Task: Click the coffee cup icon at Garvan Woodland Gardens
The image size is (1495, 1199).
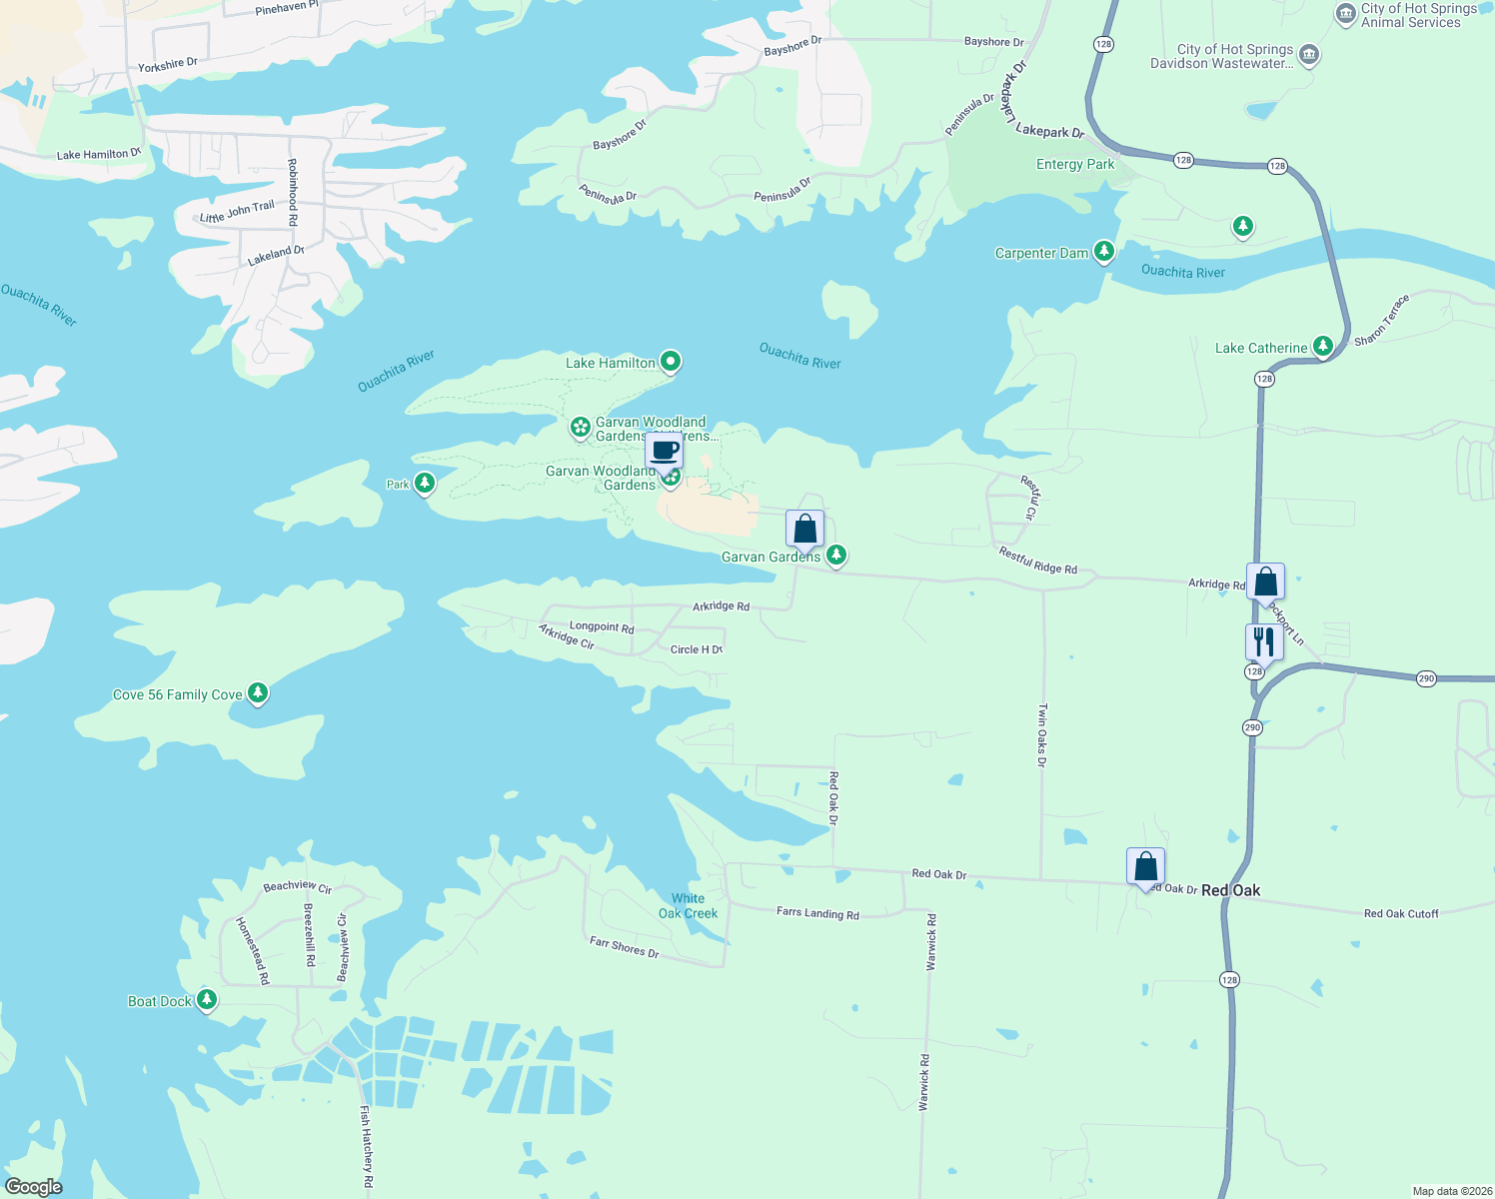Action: (665, 451)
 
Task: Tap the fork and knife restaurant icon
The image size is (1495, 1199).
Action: (1264, 641)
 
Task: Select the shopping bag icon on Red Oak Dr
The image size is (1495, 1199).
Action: (1145, 866)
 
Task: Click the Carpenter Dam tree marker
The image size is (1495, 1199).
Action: (1104, 252)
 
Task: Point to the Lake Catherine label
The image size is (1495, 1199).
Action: (1261, 348)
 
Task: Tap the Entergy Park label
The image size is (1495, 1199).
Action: (1075, 164)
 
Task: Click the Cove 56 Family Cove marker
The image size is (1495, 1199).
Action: (258, 693)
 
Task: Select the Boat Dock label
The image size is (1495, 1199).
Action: (160, 1001)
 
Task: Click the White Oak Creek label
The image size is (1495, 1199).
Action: (689, 906)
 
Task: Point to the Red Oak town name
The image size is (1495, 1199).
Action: (1230, 890)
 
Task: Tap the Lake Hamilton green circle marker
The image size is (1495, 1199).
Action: (672, 362)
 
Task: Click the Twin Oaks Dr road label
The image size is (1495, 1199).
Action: (1042, 735)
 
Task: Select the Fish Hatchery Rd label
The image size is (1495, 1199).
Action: (367, 1146)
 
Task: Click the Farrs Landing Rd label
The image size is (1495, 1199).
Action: (817, 913)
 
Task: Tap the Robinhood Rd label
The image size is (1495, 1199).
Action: (293, 192)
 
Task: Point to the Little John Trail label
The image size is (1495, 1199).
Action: (237, 212)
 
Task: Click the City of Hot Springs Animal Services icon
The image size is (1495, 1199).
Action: (1346, 13)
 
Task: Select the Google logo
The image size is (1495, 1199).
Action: (34, 1187)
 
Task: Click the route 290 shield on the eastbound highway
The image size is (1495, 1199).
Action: (1426, 678)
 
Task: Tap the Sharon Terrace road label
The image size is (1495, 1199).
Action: (1382, 321)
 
